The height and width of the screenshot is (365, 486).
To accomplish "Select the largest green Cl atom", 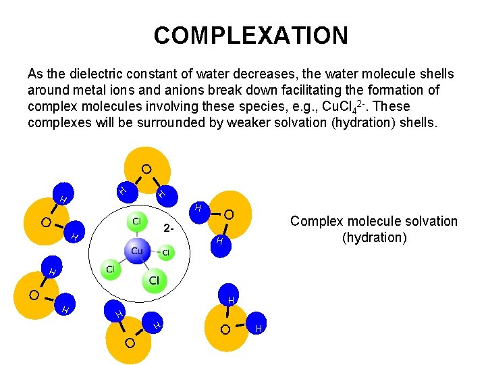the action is pos(154,280).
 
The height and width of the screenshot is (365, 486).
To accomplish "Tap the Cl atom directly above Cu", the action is pos(136,221).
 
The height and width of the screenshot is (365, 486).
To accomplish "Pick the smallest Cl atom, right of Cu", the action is pos(165,253).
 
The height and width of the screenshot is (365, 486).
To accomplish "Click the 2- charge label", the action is pos(170,228).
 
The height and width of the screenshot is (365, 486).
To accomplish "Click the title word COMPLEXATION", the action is pos(250,35).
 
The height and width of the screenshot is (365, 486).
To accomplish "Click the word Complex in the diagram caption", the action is pos(314,221).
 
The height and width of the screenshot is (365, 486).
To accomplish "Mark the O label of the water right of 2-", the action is pos(229,216).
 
